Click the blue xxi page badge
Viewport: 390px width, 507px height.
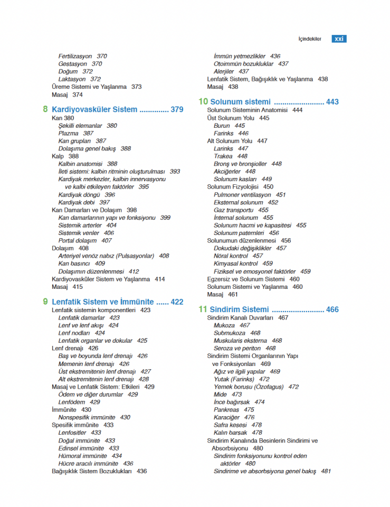[339, 39]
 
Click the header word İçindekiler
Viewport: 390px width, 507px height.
[310, 39]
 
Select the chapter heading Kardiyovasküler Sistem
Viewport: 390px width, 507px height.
[94, 110]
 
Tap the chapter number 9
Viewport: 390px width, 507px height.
[45, 302]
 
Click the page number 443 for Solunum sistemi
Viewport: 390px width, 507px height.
[332, 101]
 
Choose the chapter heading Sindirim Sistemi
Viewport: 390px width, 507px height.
[239, 309]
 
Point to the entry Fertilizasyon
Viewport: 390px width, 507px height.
[75, 56]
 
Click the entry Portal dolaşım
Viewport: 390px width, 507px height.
[78, 240]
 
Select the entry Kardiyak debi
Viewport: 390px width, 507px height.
[77, 202]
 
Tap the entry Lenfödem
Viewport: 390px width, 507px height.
[72, 402]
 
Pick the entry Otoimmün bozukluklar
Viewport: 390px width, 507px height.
[243, 64]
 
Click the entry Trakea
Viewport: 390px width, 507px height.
[223, 156]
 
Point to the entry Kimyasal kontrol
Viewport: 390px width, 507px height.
[236, 264]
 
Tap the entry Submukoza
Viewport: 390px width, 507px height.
[230, 333]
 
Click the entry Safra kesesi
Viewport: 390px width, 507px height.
[231, 425]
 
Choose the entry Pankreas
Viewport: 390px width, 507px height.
[226, 409]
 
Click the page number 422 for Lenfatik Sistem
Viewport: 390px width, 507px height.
[177, 302]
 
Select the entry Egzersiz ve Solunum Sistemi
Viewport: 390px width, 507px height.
[246, 279]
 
